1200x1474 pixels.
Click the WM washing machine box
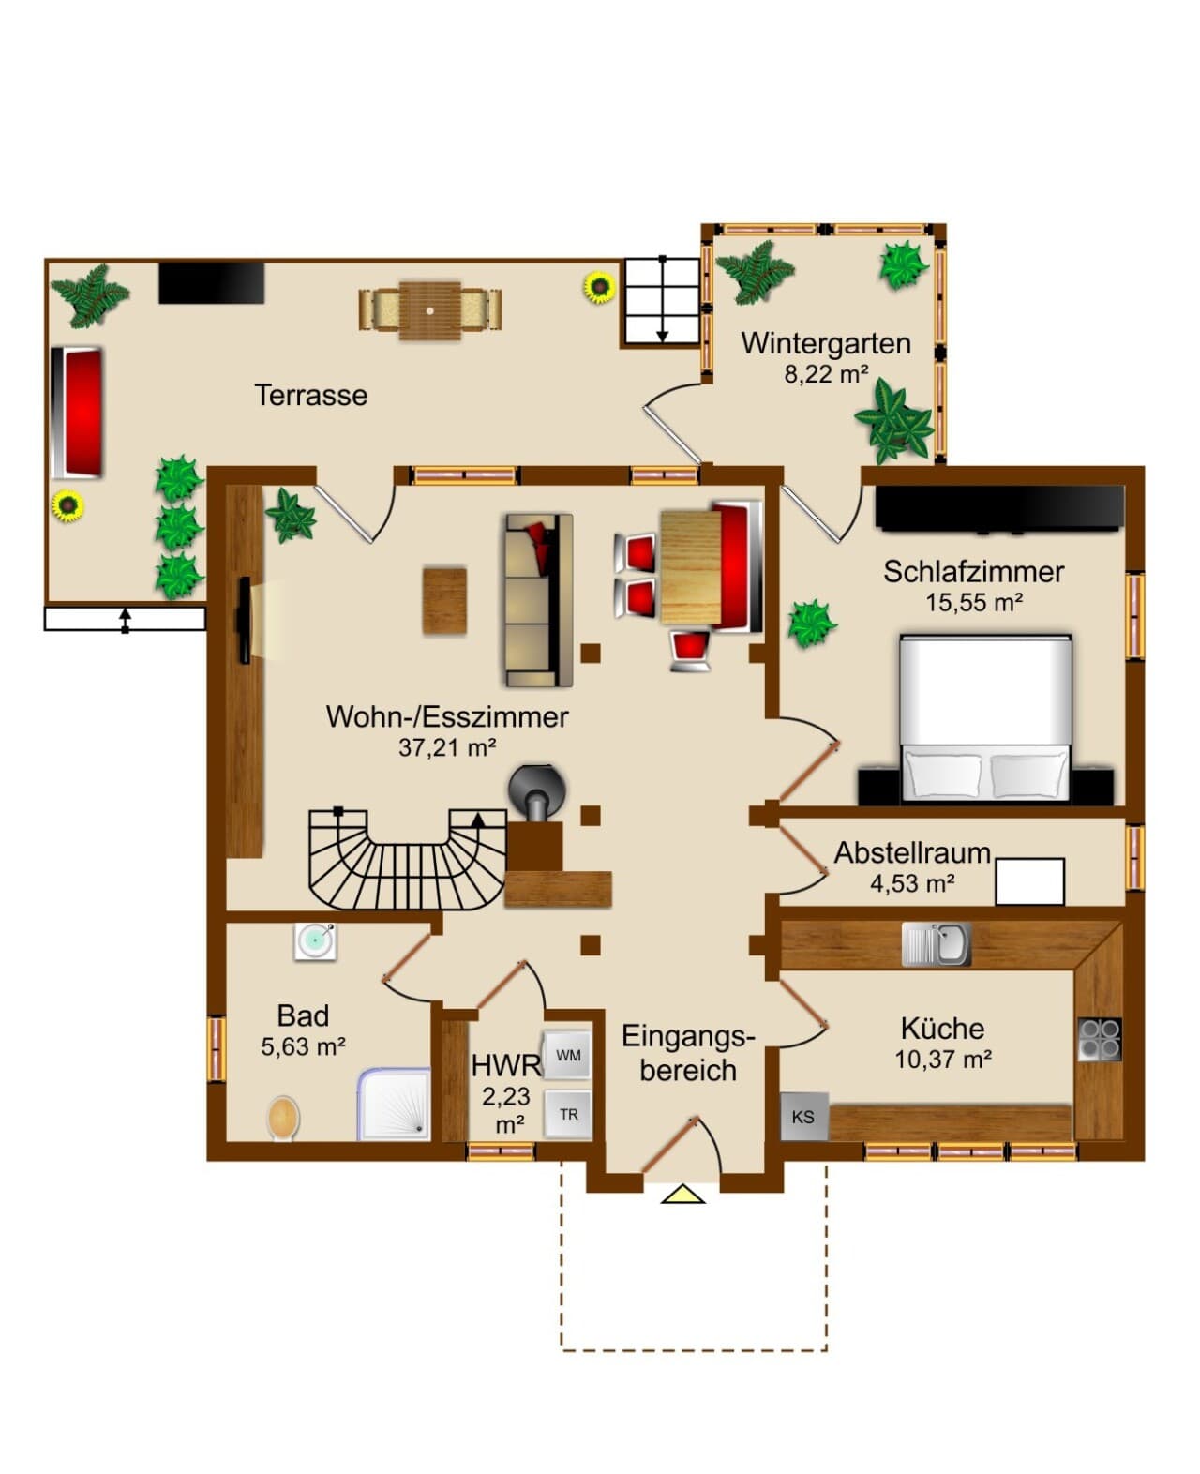(568, 1055)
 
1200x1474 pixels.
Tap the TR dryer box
(568, 1113)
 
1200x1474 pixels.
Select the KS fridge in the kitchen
(804, 1116)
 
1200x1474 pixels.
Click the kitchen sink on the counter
(937, 944)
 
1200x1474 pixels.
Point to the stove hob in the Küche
(1100, 1039)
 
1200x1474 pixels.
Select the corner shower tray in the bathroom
(394, 1105)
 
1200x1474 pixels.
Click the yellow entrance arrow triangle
(682, 1195)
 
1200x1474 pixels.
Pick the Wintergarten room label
(826, 344)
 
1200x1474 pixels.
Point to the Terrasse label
(311, 395)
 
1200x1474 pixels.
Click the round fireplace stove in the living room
(537, 791)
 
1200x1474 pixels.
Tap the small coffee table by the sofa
(444, 600)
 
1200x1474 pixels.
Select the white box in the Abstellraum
(1030, 881)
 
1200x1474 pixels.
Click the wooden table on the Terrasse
(430, 310)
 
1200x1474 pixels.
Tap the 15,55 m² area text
(974, 603)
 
